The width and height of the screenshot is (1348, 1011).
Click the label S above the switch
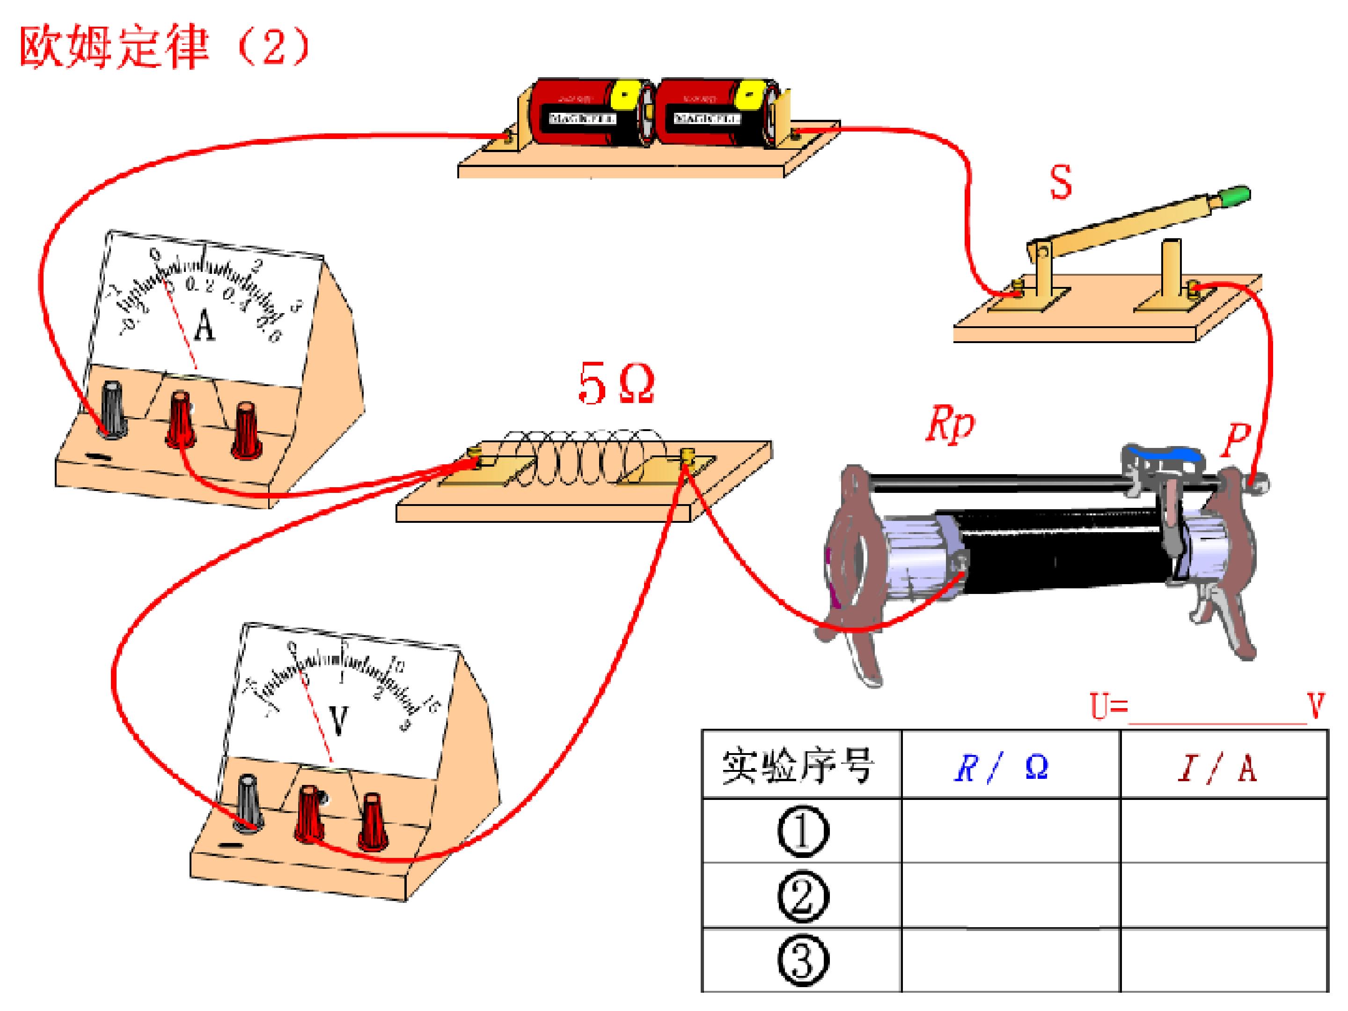pos(1061,182)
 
